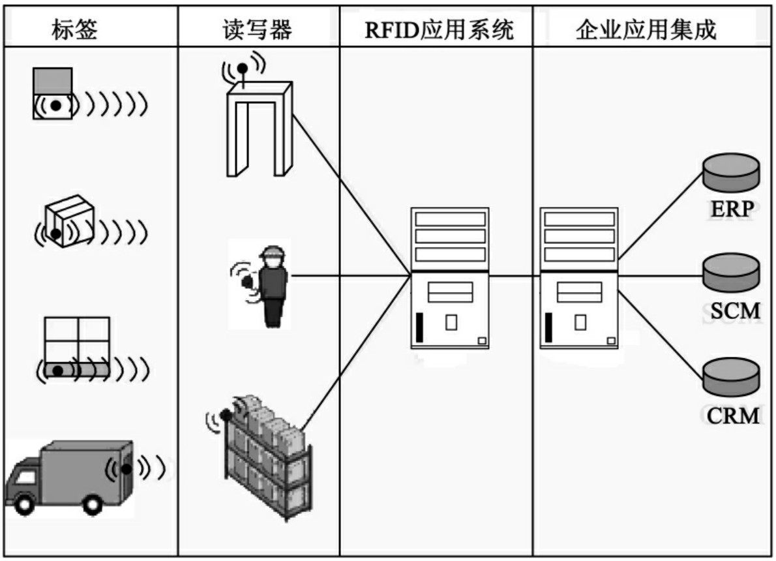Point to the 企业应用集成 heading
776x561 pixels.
(x=646, y=30)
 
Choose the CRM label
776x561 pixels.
(x=734, y=415)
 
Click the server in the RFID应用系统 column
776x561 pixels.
(x=450, y=277)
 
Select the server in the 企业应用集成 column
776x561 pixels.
(x=579, y=277)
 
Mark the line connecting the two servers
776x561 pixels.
(x=515, y=275)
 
